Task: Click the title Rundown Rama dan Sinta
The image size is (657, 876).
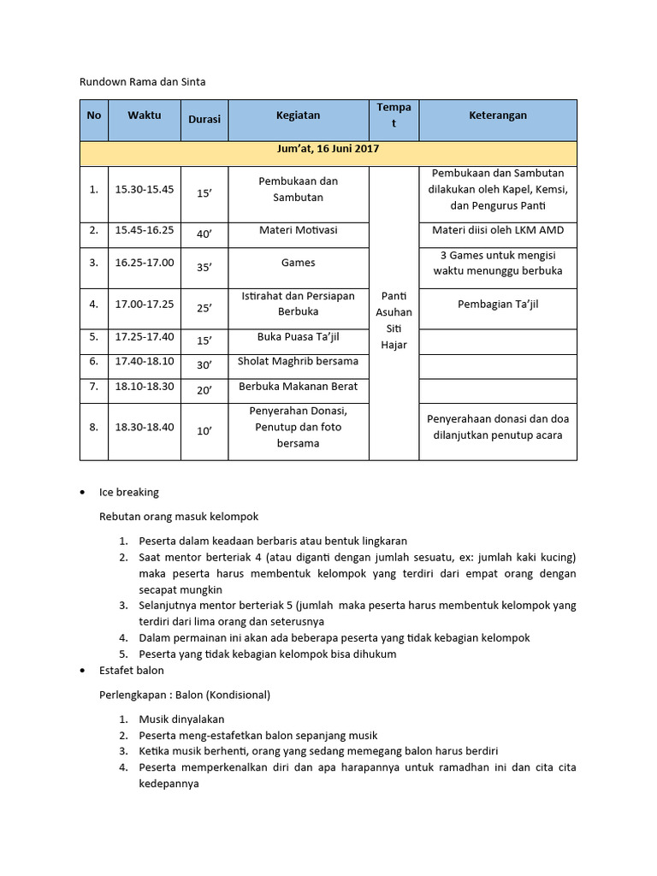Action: (x=143, y=82)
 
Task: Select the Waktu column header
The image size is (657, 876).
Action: (x=145, y=115)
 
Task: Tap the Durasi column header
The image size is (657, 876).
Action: (x=204, y=120)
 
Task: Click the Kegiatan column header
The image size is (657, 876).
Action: (x=298, y=115)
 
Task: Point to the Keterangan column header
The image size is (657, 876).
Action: (x=498, y=115)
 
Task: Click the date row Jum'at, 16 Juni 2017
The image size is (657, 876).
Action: (x=328, y=149)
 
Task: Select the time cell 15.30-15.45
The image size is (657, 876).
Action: (x=145, y=189)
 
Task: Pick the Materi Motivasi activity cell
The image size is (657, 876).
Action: (x=298, y=230)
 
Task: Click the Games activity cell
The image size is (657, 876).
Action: (x=298, y=263)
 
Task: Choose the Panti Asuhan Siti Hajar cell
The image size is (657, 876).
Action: (x=394, y=320)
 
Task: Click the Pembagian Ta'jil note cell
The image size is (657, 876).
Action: (x=498, y=304)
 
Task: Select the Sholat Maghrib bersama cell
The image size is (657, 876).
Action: (x=298, y=362)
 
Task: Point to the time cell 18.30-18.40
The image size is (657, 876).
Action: (x=145, y=427)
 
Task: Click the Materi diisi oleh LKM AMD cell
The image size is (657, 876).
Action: (x=498, y=230)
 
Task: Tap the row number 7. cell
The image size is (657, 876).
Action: (x=93, y=387)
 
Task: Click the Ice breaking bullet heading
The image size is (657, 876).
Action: (x=129, y=492)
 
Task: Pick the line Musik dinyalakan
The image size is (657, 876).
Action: (x=181, y=719)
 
